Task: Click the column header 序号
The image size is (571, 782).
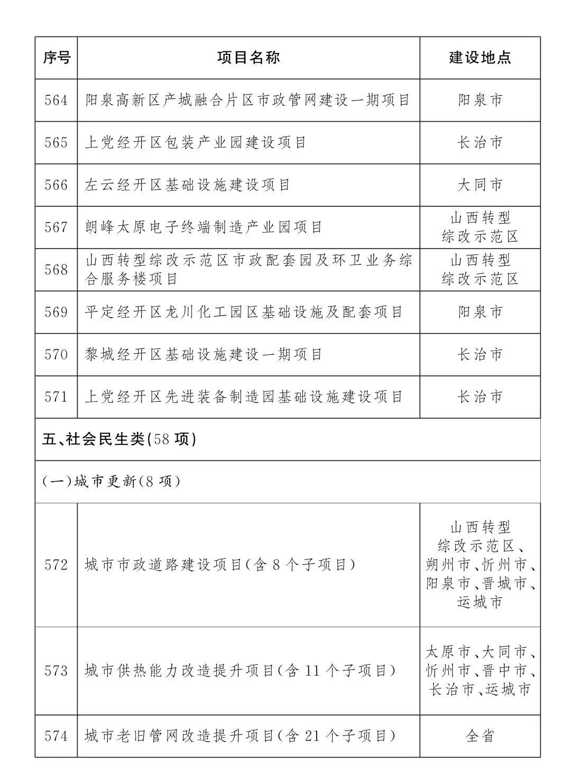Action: coord(56,58)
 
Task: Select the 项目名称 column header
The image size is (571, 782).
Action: coord(248,58)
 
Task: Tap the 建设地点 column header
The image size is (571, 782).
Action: coord(480,58)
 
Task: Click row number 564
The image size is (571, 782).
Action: coord(56,100)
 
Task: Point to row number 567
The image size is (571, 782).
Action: coord(56,227)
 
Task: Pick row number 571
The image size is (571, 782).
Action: coord(56,397)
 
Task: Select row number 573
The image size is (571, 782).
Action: coord(56,671)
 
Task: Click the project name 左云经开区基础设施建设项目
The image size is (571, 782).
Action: coord(188,185)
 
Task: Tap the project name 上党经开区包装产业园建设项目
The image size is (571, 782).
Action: coord(196,143)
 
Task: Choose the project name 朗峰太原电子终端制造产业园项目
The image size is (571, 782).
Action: coord(204,227)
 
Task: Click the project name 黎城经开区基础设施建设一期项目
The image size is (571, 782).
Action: coord(204,355)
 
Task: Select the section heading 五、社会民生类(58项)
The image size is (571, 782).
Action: coord(119,439)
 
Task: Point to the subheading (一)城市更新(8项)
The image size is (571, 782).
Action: coord(111,482)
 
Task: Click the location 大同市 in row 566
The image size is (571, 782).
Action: coord(480,185)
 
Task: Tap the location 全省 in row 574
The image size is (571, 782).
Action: coord(480,736)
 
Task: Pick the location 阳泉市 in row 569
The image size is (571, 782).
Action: coord(480,312)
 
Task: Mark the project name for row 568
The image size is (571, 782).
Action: coord(248,270)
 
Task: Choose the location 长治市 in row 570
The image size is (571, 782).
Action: coord(480,355)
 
